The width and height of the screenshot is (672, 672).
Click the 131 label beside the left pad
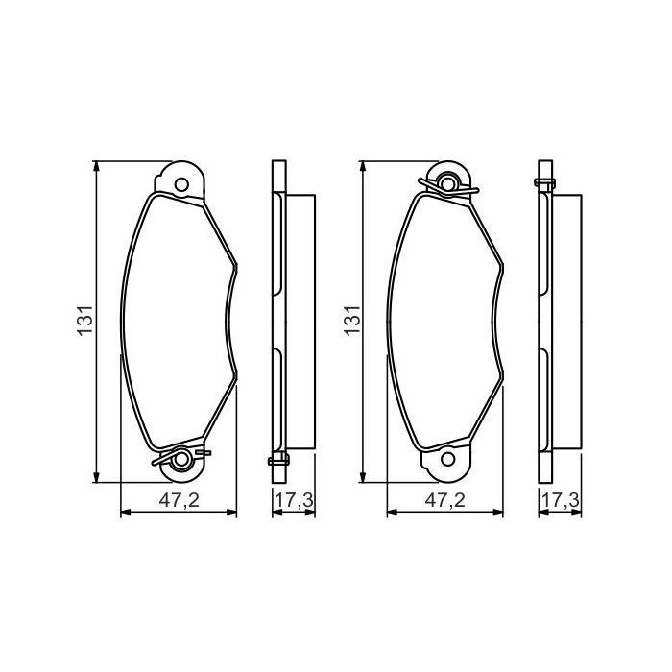click(x=84, y=321)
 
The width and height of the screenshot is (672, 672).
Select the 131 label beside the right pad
click(x=350, y=321)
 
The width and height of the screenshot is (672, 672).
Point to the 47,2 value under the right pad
click(x=445, y=500)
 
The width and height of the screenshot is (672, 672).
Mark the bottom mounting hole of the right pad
click(x=446, y=461)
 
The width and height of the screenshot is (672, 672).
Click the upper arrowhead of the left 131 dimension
click(x=97, y=165)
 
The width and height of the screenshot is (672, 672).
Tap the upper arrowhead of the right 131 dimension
click(x=363, y=165)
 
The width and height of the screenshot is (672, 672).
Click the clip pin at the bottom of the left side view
click(x=276, y=462)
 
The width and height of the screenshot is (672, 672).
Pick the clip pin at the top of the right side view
click(x=543, y=180)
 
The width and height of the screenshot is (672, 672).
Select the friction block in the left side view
click(x=300, y=321)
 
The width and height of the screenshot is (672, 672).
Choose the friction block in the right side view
click(x=565, y=321)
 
